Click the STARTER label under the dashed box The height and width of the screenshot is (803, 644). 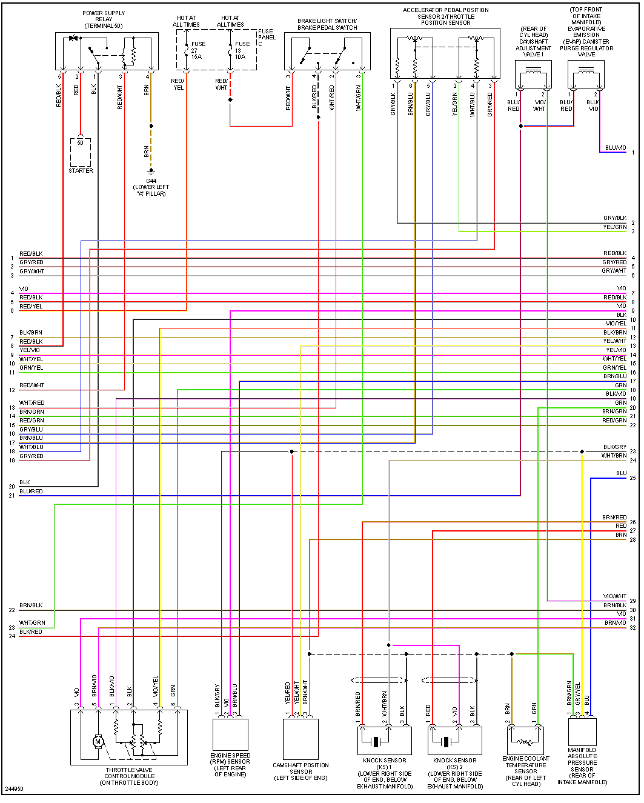[x=81, y=171]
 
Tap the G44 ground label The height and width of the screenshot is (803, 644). [x=151, y=181]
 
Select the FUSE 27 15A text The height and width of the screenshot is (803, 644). [x=198, y=50]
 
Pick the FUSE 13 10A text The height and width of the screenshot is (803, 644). [x=242, y=50]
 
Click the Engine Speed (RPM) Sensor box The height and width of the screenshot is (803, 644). [x=230, y=735]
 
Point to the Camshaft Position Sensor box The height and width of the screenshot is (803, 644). [x=300, y=739]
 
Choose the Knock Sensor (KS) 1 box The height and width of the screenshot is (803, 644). [x=384, y=741]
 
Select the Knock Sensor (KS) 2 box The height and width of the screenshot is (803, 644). [x=455, y=741]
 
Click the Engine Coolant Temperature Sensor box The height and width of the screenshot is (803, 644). [x=525, y=740]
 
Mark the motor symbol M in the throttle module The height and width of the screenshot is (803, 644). [x=98, y=741]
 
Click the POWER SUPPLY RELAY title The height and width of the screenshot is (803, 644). [x=104, y=19]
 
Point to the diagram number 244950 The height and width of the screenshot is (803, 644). [x=14, y=789]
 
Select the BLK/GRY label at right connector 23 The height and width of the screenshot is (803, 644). [x=614, y=447]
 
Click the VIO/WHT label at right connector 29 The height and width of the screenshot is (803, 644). [x=614, y=596]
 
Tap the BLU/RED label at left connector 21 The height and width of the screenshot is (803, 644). [x=31, y=491]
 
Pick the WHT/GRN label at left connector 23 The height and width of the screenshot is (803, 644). [x=32, y=623]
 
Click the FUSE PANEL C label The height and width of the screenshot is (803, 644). [x=267, y=38]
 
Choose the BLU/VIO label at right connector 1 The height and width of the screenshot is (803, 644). [x=615, y=148]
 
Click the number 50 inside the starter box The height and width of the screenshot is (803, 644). [x=80, y=143]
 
